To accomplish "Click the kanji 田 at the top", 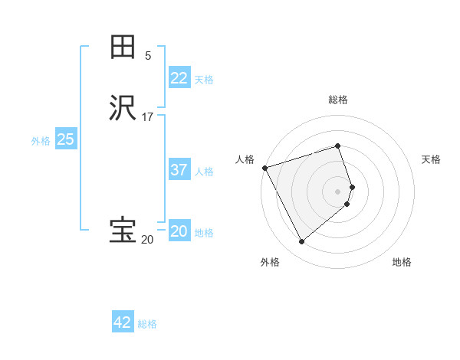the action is click(x=123, y=47).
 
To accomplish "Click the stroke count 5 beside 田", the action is click(x=148, y=56).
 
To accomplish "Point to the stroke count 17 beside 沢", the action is click(x=148, y=117).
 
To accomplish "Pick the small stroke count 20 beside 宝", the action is click(x=147, y=240).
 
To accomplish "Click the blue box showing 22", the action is click(x=179, y=77).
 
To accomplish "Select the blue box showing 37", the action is click(x=179, y=170).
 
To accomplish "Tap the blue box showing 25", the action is click(x=65, y=139).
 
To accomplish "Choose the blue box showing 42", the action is click(x=122, y=322).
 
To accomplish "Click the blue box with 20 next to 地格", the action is click(x=179, y=231).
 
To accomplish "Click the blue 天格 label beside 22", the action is click(x=204, y=79).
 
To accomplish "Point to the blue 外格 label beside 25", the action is click(x=41, y=141).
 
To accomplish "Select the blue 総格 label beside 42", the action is click(x=147, y=324).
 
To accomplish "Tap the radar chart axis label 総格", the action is click(x=338, y=100).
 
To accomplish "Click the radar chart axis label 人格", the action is click(x=245, y=159).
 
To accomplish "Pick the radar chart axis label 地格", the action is click(x=402, y=263).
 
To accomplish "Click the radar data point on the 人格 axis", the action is click(x=264, y=167).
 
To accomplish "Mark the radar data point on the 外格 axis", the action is click(x=301, y=241).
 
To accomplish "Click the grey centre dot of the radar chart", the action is click(x=338, y=191).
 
